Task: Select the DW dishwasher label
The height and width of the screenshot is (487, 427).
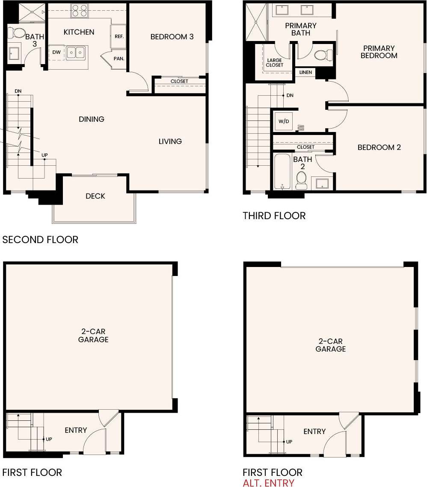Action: click(x=56, y=52)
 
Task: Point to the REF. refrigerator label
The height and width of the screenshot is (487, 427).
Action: click(x=119, y=37)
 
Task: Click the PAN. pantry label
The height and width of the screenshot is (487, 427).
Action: click(x=119, y=59)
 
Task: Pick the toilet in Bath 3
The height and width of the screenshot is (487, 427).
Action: click(x=18, y=33)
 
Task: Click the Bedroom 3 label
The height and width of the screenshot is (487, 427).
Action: click(x=172, y=37)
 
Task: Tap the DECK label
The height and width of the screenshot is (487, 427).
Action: click(x=95, y=196)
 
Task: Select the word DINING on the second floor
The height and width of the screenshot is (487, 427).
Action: click(x=92, y=119)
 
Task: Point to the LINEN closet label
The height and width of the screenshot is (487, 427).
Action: click(x=305, y=73)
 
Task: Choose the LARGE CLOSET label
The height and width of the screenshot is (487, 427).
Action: click(x=274, y=62)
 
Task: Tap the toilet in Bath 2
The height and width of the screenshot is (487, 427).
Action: click(x=302, y=180)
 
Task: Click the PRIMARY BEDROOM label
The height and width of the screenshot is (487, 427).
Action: click(x=379, y=52)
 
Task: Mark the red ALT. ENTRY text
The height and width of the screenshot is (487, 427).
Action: click(x=268, y=483)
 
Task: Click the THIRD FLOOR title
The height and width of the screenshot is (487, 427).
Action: click(x=274, y=216)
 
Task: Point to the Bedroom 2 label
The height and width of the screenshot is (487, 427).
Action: click(x=379, y=147)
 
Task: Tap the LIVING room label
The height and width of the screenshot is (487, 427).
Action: click(x=170, y=141)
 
